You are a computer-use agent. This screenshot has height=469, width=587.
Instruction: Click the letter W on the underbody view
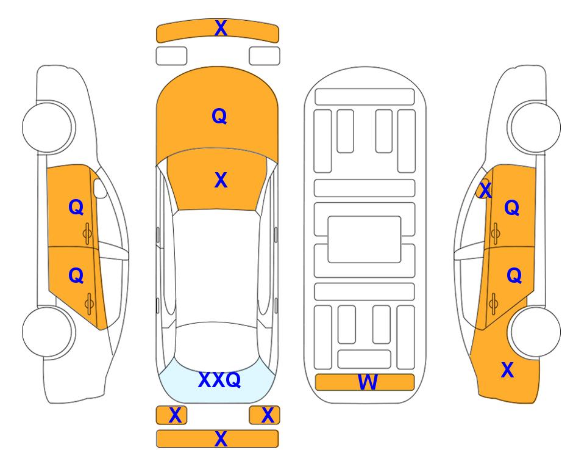pos(367,382)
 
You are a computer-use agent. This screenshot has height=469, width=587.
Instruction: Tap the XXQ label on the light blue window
pos(219,380)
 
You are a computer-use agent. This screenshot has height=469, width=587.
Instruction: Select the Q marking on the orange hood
pos(219,116)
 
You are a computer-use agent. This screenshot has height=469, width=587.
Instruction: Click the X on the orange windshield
pos(221,180)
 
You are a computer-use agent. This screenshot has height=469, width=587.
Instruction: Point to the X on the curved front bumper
pos(221,28)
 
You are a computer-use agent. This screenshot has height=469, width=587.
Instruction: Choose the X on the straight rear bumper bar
pos(221,438)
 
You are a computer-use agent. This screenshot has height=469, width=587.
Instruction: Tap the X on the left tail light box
pos(175,415)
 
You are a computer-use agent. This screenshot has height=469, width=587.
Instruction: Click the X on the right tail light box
pos(268,415)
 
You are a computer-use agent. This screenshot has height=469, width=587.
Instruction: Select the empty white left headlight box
pos(171,56)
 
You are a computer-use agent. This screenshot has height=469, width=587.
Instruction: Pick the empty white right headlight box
pos(265,56)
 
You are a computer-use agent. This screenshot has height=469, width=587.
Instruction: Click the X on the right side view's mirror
pos(485,189)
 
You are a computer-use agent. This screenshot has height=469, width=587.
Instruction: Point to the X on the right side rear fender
pos(508,370)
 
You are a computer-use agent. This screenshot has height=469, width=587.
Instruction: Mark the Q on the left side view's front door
pos(76,207)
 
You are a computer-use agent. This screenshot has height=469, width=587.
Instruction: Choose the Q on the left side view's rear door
pos(76,276)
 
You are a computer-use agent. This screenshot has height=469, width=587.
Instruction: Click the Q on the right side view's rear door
pos(514,276)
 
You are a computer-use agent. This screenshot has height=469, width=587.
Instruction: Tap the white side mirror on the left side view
pos(100,188)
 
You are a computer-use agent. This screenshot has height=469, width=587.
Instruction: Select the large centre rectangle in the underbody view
pos(365,239)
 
